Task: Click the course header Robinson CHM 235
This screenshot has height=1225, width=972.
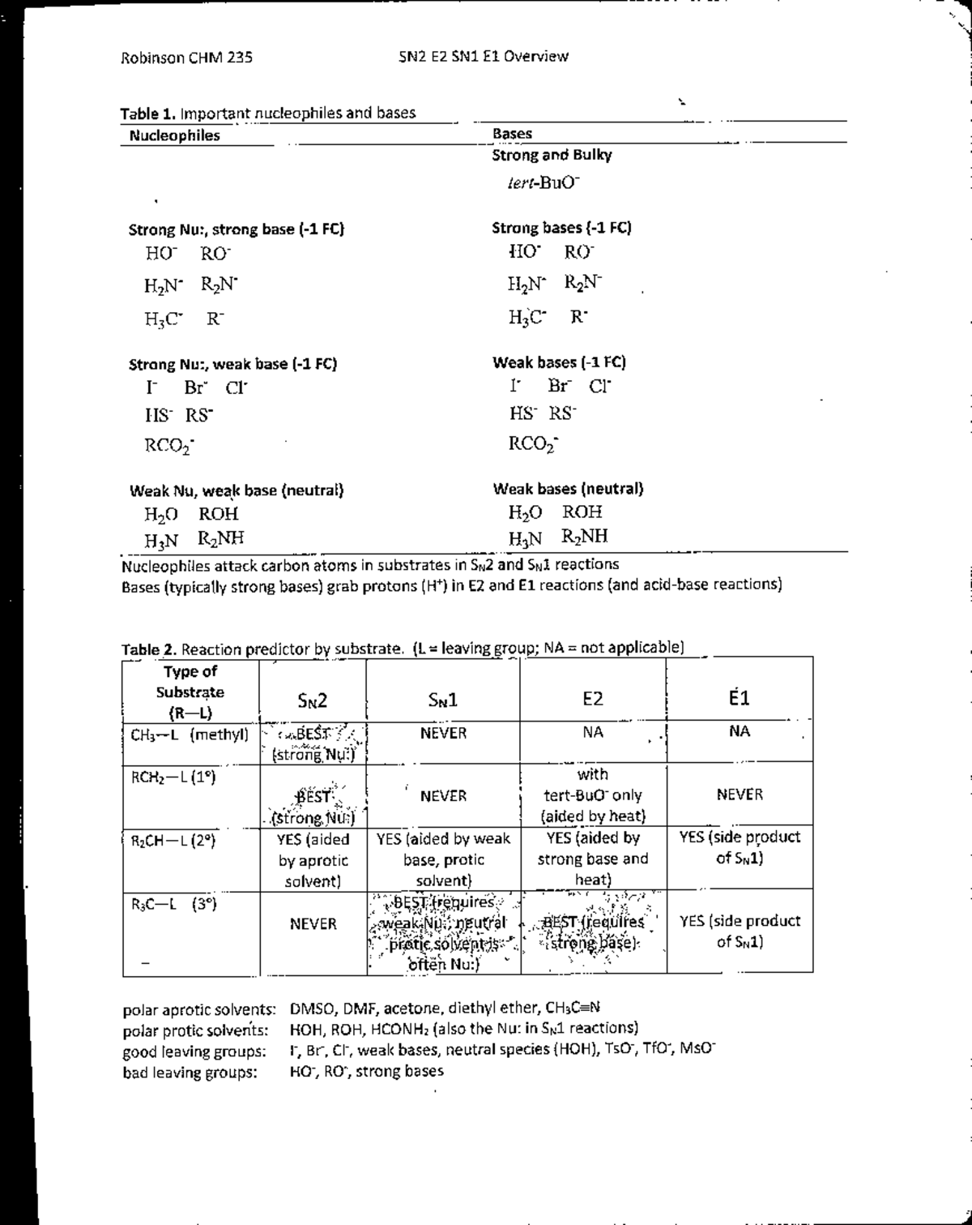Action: point(186,58)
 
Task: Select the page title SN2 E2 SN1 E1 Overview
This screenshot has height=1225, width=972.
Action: point(484,57)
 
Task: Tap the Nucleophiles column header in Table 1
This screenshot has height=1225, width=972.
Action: point(174,136)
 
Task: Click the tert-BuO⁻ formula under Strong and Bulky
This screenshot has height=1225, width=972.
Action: point(539,183)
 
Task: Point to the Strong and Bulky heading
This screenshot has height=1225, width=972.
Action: point(552,155)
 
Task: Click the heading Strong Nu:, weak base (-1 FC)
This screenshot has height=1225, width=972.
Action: point(232,364)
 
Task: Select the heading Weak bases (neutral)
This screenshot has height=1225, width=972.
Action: point(568,489)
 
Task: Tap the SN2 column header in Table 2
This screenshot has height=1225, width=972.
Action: point(312,700)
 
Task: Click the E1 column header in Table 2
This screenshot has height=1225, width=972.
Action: point(739,698)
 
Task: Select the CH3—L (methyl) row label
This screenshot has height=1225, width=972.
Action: point(190,735)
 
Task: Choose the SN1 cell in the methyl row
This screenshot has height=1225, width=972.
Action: point(443,734)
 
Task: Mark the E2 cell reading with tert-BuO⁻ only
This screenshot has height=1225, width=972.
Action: point(593,795)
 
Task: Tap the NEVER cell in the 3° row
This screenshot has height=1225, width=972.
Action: point(313,924)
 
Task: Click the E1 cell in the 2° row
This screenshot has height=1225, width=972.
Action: point(739,847)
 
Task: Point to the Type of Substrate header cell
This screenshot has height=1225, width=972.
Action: point(190,692)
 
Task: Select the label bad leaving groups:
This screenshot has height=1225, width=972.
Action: point(190,1073)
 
